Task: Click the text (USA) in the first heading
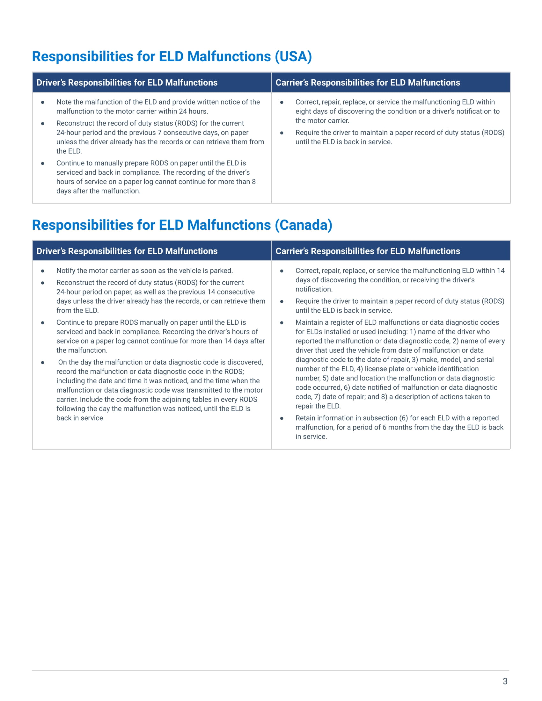click(x=293, y=56)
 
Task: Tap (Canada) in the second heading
click(x=304, y=225)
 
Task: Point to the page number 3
click(x=505, y=681)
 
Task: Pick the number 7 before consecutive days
click(x=159, y=133)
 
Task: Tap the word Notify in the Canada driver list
click(x=66, y=271)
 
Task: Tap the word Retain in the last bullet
click(x=306, y=418)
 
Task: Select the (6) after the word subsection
click(x=403, y=418)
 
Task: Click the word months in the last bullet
click(x=399, y=427)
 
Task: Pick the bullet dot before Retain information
click(x=282, y=418)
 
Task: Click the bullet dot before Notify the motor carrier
click(x=43, y=271)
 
